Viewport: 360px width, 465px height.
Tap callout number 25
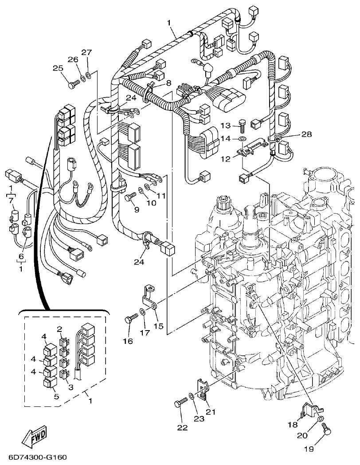(58, 68)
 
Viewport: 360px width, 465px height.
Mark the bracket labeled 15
(151, 297)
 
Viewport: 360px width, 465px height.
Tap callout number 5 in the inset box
(56, 396)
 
